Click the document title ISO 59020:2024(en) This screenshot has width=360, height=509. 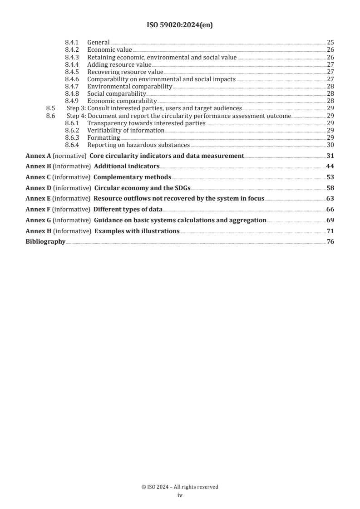(180, 25)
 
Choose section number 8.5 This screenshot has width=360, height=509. (50, 108)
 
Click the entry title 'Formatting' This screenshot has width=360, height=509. (104, 137)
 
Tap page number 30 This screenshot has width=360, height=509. (330, 145)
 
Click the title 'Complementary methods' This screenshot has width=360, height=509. (133, 177)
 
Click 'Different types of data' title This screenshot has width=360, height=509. (128, 209)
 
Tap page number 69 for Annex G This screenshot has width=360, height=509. (330, 220)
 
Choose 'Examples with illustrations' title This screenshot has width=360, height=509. (136, 231)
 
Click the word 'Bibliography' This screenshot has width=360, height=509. (45, 242)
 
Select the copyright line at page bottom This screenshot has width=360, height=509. (180, 487)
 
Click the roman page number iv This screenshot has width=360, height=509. (180, 496)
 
